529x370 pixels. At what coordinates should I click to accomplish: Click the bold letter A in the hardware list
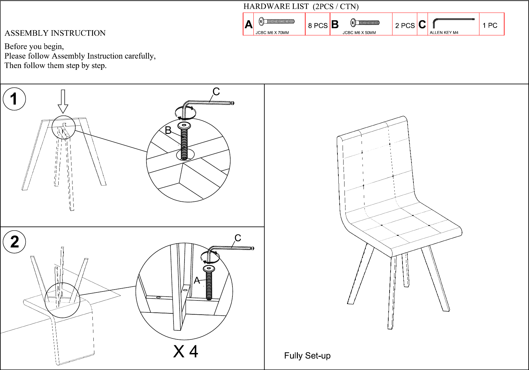pos(249,24)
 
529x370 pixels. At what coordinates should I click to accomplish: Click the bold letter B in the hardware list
pos(335,24)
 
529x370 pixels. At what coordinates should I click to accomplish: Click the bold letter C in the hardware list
pos(422,24)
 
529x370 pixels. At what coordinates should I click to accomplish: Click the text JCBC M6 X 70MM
pos(272,32)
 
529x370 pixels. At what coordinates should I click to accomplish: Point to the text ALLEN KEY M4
pos(444,32)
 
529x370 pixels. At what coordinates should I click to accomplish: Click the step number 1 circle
pos(14,99)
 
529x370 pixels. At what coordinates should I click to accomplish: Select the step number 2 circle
pos(14,242)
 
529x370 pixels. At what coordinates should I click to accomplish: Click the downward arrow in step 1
pos(63,101)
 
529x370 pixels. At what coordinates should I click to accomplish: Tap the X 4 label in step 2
pos(186,352)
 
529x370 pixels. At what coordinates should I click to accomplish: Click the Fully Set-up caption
pos(307,356)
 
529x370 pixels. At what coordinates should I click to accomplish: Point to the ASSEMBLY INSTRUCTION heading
pos(55,33)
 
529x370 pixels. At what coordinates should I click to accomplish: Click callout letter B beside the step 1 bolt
pos(168,130)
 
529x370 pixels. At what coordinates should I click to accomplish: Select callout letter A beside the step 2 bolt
pos(197,280)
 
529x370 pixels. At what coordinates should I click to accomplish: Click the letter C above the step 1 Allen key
pos(216,92)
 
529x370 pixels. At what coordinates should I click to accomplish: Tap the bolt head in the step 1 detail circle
pos(184,125)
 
